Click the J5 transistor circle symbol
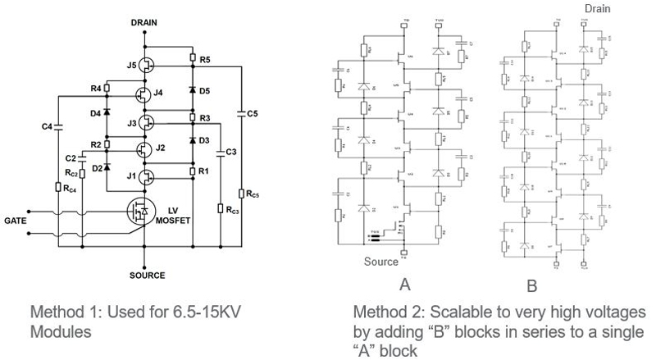click(x=146, y=64)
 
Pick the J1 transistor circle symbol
click(x=146, y=176)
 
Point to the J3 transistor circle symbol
click(x=146, y=122)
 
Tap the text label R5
click(x=205, y=59)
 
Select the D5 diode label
click(x=205, y=89)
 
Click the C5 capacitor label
click(x=253, y=114)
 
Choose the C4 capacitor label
click(x=47, y=126)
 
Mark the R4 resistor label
click(x=95, y=88)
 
